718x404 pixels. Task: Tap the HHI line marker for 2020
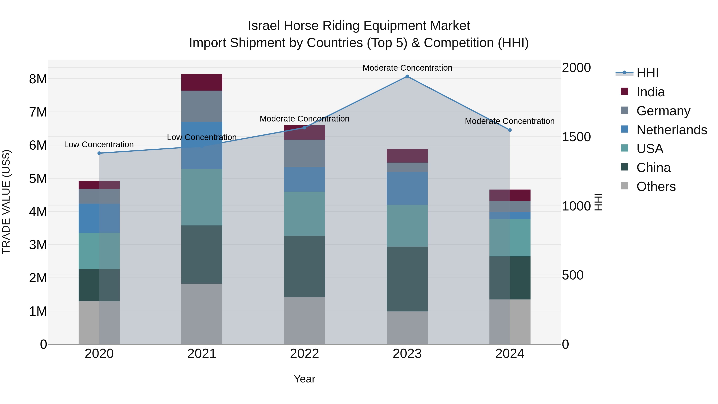pyautogui.click(x=99, y=153)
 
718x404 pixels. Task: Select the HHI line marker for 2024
pyautogui.click(x=510, y=130)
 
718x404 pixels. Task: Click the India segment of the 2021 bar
pyautogui.click(x=202, y=82)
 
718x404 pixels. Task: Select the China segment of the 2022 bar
pyautogui.click(x=304, y=266)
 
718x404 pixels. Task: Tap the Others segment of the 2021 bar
pyautogui.click(x=202, y=314)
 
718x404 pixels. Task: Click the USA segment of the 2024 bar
pyautogui.click(x=510, y=238)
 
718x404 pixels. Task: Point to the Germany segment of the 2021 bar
pyautogui.click(x=202, y=106)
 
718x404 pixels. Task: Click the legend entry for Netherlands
pyautogui.click(x=672, y=130)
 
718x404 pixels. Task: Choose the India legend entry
pyautogui.click(x=651, y=92)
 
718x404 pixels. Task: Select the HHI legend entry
pyautogui.click(x=647, y=73)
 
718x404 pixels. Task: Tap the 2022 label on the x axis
pyautogui.click(x=304, y=354)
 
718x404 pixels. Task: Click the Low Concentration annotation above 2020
pyautogui.click(x=99, y=144)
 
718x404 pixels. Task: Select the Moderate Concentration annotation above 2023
pyautogui.click(x=407, y=68)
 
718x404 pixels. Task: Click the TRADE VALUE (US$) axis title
pyautogui.click(x=6, y=202)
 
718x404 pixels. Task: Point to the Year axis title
pyautogui.click(x=304, y=379)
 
